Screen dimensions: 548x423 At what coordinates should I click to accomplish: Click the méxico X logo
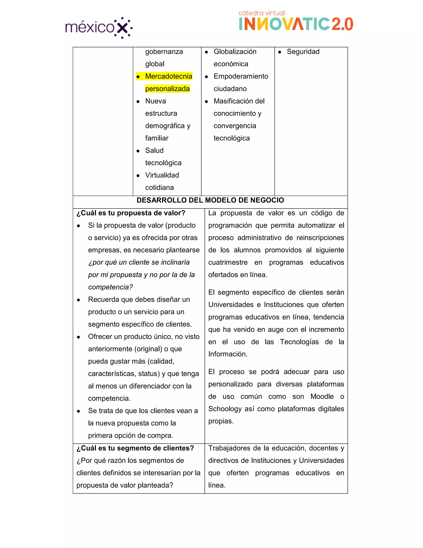coord(99,28)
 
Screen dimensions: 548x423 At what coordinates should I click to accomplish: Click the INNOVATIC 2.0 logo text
coord(296,24)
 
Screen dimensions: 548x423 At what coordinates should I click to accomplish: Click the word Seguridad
coord(303,52)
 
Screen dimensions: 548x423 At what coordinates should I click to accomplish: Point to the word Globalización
coord(235,52)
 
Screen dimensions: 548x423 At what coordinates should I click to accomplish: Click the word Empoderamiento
coord(241,76)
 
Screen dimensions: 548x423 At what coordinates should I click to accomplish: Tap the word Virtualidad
coord(162,175)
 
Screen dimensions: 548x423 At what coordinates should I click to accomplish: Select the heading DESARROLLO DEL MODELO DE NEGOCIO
coord(210,200)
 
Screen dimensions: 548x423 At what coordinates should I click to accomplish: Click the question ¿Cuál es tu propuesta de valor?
coord(131,213)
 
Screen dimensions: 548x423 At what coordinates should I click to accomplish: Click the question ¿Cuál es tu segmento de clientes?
coord(135,448)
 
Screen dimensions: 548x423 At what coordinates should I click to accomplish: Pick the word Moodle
coord(322,396)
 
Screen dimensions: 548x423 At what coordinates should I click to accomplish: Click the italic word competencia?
coord(110,287)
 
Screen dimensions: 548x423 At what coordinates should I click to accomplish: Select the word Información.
coord(228,354)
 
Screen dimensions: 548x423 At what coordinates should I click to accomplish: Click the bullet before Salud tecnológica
coord(138,151)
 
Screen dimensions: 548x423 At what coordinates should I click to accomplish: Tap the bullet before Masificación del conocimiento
coord(206,102)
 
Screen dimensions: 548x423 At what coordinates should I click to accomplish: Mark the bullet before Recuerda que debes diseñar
coord(78,300)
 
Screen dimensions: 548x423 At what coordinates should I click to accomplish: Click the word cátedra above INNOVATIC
coord(251,13)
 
